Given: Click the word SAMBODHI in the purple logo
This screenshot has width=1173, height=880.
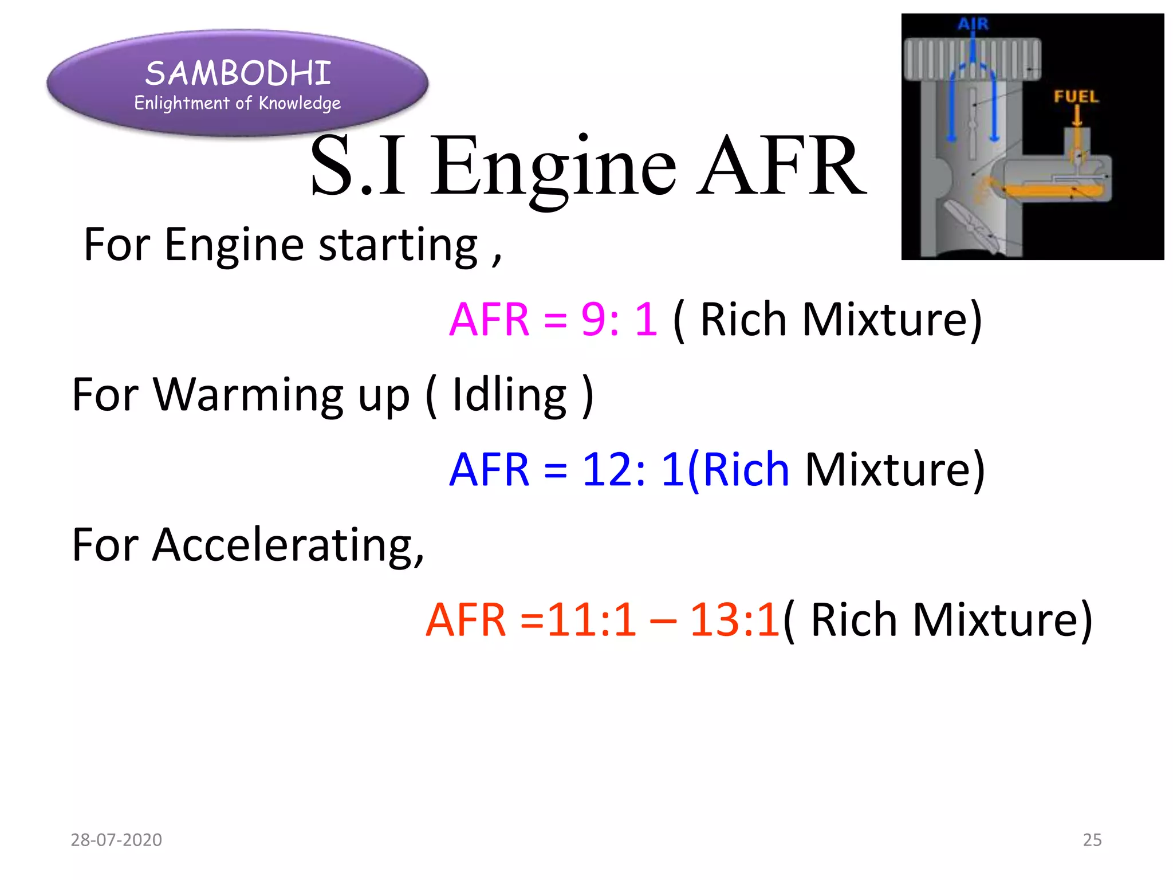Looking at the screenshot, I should pyautogui.click(x=238, y=73).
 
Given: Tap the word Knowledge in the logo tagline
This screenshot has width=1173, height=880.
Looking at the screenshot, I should pyautogui.click(x=300, y=104).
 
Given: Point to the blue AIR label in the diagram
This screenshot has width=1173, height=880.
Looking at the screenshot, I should pyautogui.click(x=973, y=24).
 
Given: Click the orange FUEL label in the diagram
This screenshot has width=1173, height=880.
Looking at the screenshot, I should pyautogui.click(x=1076, y=96).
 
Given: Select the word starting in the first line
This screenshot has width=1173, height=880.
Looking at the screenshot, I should pyautogui.click(x=397, y=245).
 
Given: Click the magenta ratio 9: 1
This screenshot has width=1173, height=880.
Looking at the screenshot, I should pyautogui.click(x=619, y=319).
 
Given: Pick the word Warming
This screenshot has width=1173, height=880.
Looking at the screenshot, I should pyautogui.click(x=249, y=395).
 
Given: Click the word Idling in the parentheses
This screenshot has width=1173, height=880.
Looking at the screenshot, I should pyautogui.click(x=509, y=395).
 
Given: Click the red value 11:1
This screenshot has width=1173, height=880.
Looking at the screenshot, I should pyautogui.click(x=592, y=620).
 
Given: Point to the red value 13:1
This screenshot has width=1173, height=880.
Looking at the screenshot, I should pyautogui.click(x=734, y=620).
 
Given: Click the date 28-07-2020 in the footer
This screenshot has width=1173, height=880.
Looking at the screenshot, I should pyautogui.click(x=116, y=840).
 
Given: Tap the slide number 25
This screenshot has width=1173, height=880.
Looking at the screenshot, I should pyautogui.click(x=1092, y=840).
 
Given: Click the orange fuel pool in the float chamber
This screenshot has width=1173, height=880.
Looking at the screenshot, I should pyautogui.click(x=1054, y=190).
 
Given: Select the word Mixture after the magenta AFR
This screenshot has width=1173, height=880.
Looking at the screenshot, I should pyautogui.click(x=892, y=319).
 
